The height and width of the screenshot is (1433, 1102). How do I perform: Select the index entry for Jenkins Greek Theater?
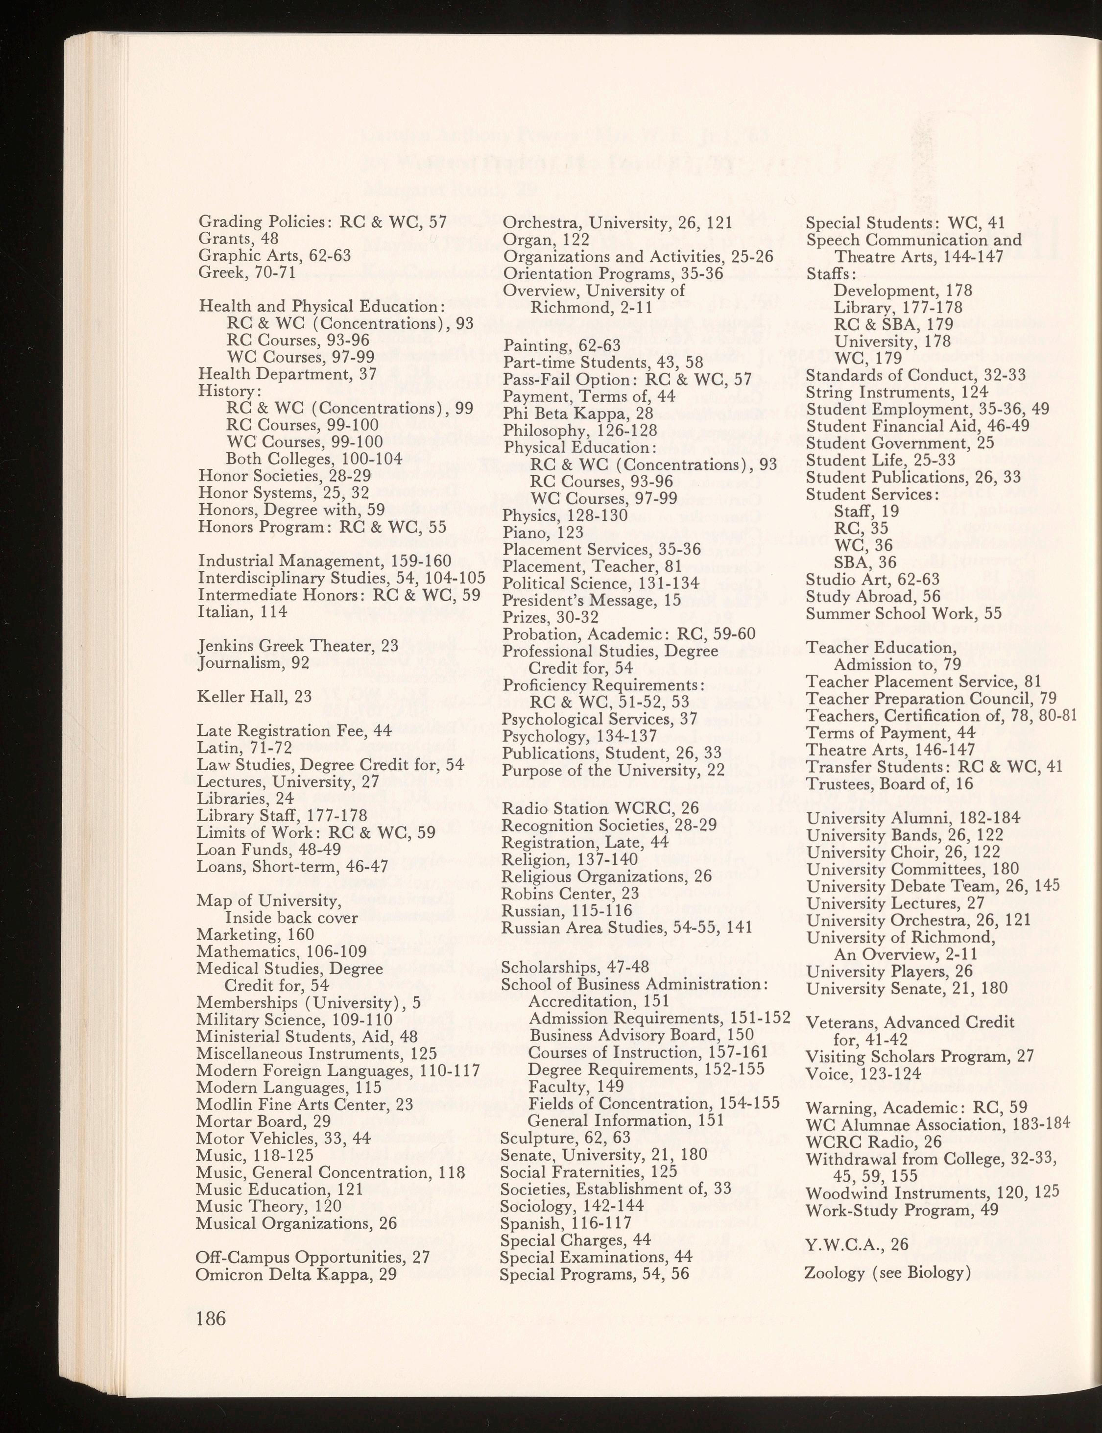click(298, 646)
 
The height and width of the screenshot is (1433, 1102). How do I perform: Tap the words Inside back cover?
click(291, 917)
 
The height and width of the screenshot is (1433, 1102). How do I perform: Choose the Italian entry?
click(233, 611)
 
